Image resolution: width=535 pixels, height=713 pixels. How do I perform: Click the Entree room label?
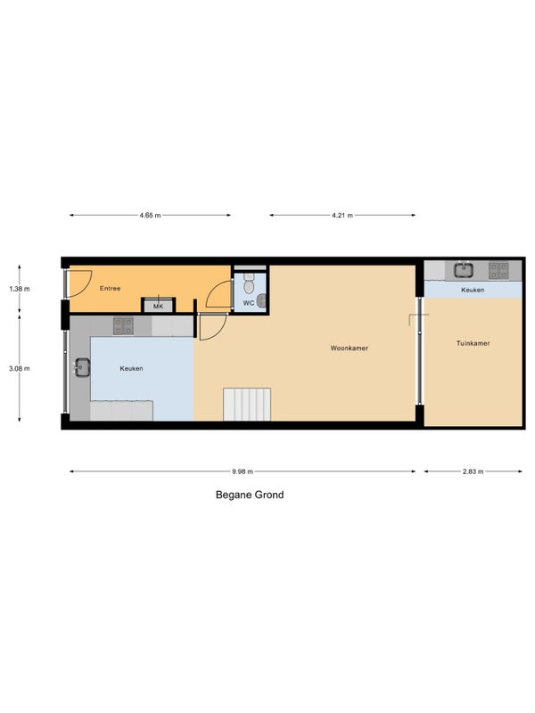pos(110,288)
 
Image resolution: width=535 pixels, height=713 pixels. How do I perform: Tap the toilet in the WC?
pos(249,283)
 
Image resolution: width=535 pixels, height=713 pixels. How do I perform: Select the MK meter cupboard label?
pos(158,307)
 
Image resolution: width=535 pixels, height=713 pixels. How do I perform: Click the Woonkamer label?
pos(350,348)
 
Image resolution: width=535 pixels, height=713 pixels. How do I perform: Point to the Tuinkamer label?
pos(473,343)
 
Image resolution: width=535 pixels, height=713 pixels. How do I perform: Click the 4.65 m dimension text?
pos(150,216)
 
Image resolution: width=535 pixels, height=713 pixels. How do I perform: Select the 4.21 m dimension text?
pos(342,216)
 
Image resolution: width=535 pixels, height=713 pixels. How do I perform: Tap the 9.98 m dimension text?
pos(243,471)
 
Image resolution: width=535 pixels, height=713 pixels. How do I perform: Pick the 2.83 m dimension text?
pos(473,471)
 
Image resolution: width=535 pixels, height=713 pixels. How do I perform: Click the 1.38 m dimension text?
pos(19,289)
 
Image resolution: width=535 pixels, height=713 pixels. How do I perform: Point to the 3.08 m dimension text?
pos(19,369)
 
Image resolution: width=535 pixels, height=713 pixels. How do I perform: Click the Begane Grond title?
pos(250,495)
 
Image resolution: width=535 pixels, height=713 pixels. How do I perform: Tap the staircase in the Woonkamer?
pos(247,405)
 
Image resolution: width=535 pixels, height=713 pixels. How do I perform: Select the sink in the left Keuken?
pos(82,367)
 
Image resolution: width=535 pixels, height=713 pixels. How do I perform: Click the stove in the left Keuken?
pos(123,326)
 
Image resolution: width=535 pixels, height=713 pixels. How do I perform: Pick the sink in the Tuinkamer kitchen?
pos(464,270)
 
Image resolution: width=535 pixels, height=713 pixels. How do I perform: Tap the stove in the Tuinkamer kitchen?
pos(498,271)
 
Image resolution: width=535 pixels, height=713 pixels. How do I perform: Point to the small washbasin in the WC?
pos(261,301)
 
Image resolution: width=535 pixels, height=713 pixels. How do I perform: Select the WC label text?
pos(249,303)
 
